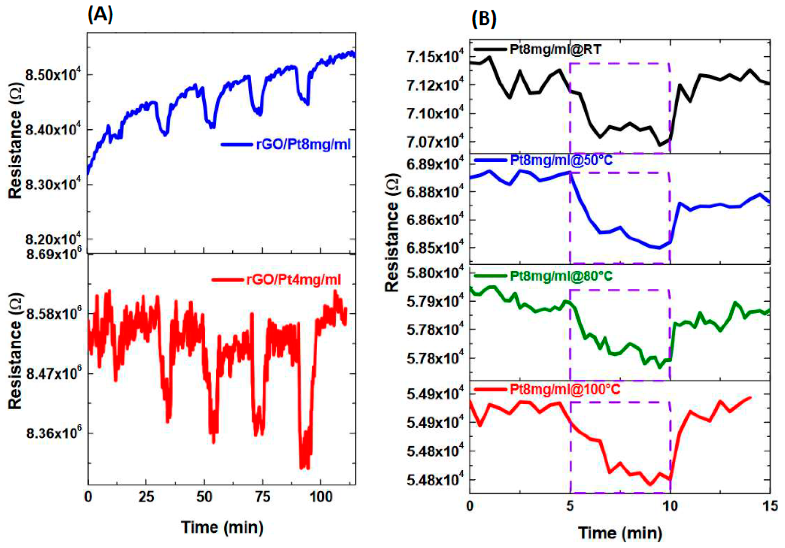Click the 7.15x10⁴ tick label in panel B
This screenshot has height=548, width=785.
click(x=432, y=57)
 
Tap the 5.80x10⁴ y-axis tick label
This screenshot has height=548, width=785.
click(x=432, y=273)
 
